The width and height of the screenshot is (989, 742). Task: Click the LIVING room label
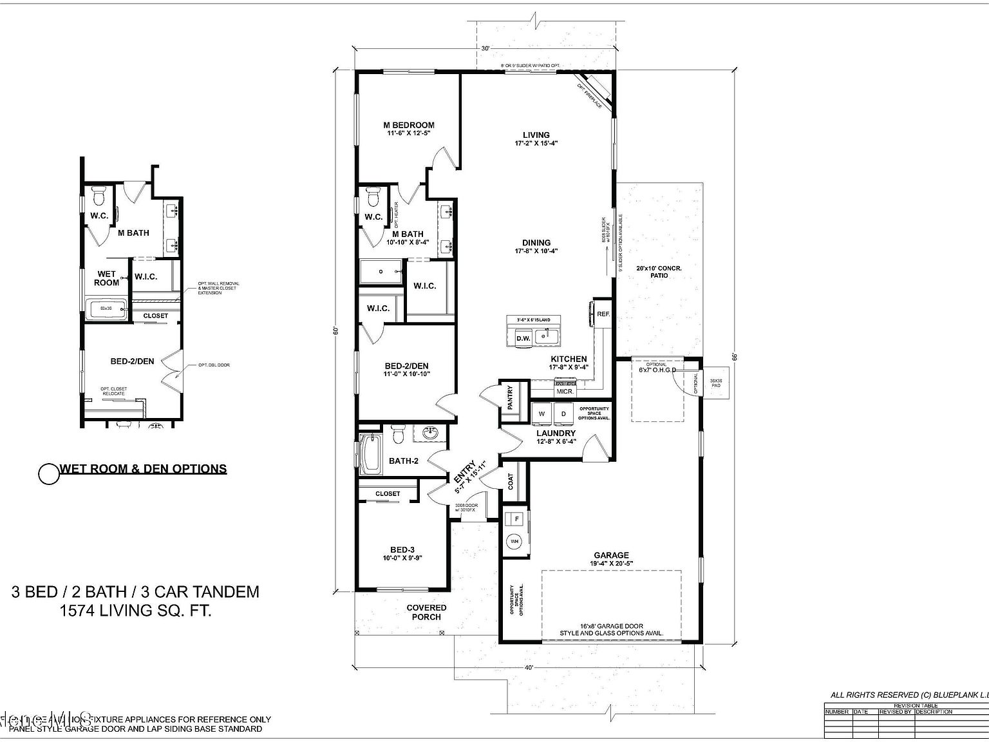(536, 135)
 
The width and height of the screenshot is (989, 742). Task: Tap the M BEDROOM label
(408, 125)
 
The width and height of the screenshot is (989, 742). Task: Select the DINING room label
(536, 243)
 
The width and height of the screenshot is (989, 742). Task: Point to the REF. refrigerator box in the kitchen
(603, 314)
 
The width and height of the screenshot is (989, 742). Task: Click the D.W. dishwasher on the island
(523, 338)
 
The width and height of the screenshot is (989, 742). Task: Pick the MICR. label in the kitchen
(565, 391)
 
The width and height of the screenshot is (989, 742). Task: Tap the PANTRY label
(510, 398)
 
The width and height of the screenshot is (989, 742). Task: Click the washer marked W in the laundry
(542, 414)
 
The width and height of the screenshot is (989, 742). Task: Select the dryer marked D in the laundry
(563, 414)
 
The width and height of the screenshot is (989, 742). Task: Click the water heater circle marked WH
(514, 542)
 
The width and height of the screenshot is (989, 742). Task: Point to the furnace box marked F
(516, 518)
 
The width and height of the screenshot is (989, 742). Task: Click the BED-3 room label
(402, 549)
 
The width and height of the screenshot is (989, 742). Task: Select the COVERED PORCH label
(426, 612)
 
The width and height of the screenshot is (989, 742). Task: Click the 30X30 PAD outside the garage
(715, 385)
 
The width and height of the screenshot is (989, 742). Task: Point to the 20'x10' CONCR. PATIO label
(659, 272)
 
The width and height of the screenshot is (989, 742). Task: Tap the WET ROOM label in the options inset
(106, 278)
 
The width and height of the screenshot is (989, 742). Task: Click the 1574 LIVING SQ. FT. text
(135, 611)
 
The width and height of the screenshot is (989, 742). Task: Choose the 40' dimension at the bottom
(529, 668)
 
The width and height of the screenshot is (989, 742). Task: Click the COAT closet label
(511, 482)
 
